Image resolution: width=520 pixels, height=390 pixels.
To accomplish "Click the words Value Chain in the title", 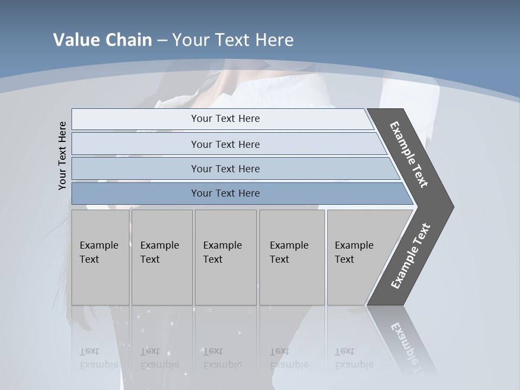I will (102, 40).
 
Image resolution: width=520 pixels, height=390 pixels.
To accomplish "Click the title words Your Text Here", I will (233, 40).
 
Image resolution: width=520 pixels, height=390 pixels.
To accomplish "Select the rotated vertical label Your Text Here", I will (63, 155).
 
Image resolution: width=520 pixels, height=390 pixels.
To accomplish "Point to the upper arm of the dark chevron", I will (409, 154).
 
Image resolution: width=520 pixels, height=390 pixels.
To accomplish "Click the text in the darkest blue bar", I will (225, 193).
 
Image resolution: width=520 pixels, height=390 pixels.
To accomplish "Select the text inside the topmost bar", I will (225, 119).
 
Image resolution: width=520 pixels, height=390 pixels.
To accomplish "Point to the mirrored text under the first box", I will (99, 358).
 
